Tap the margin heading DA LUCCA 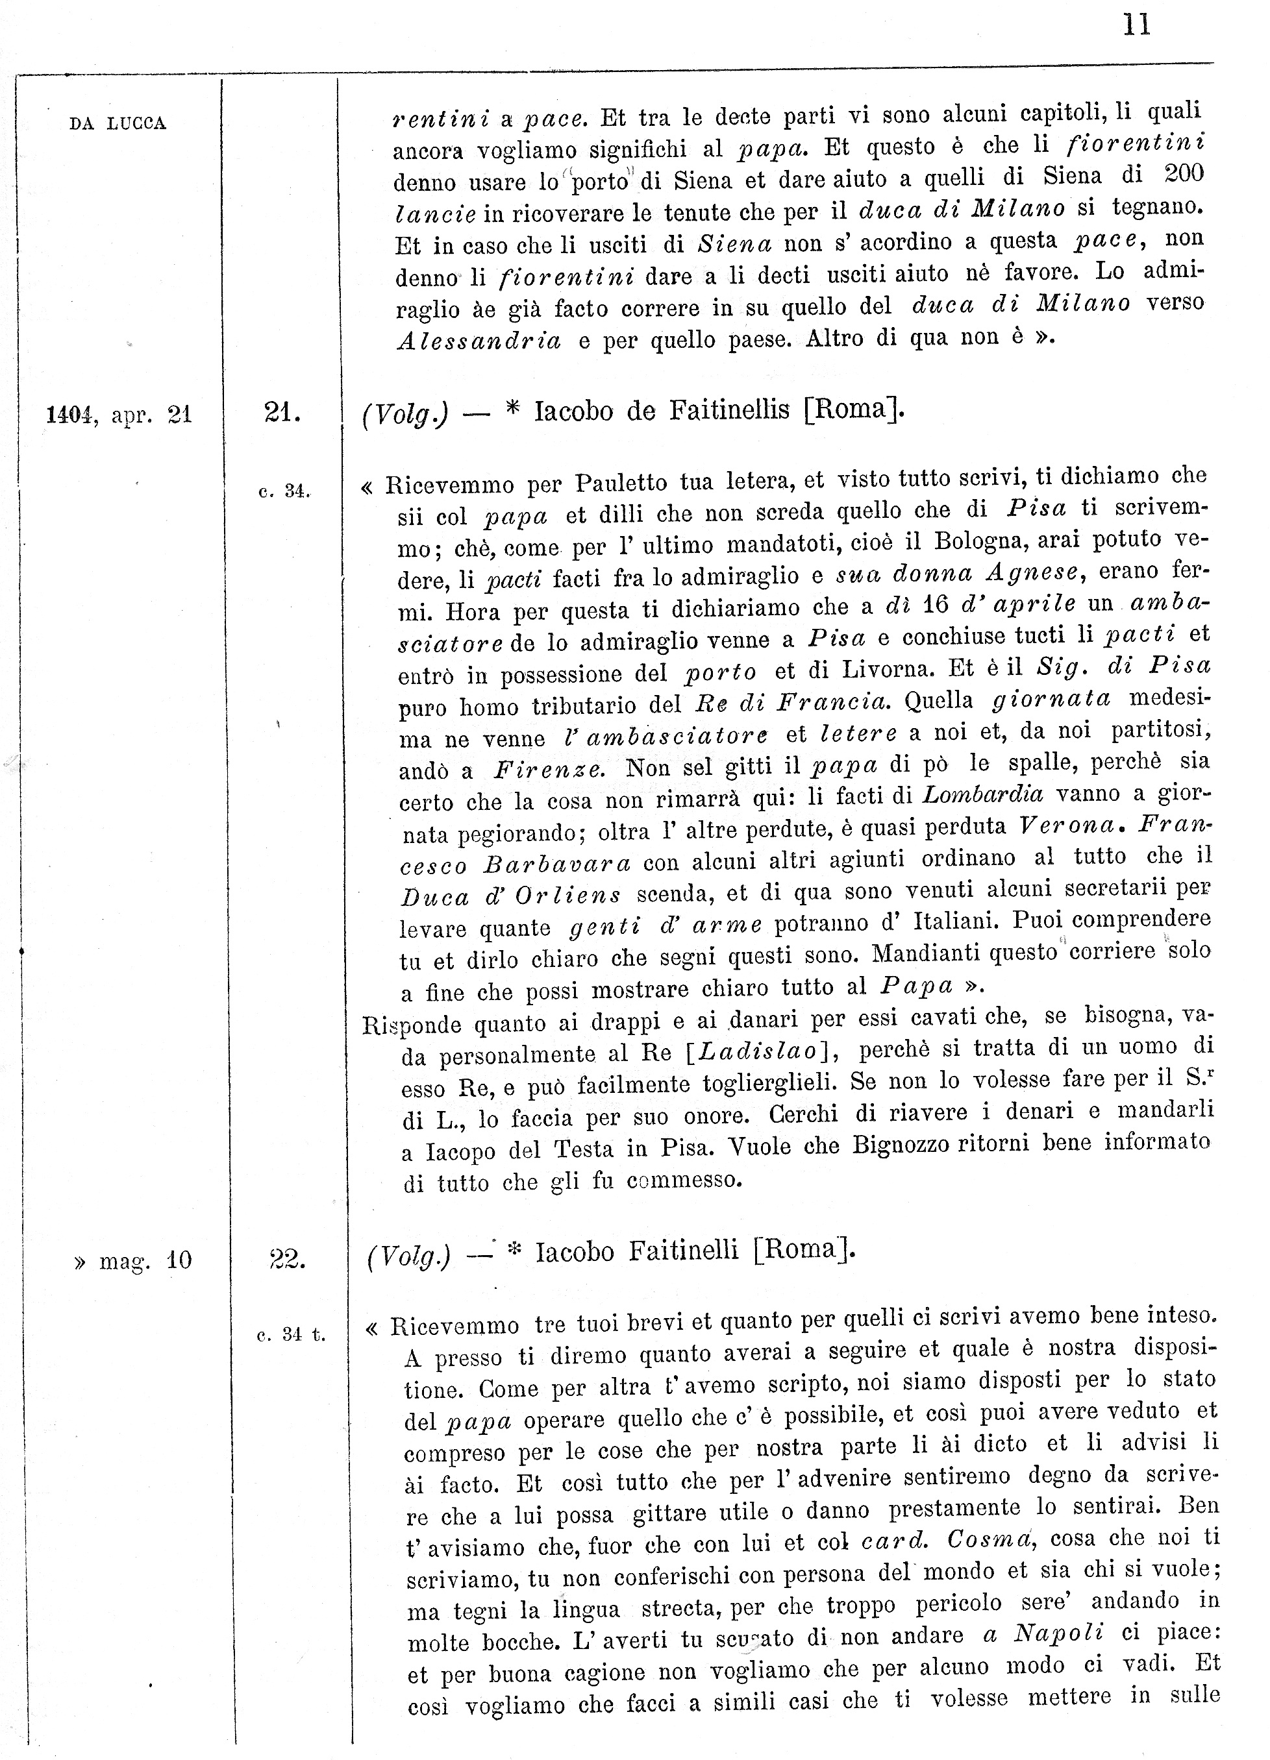pyautogui.click(x=118, y=123)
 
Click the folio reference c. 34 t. pyautogui.click(x=291, y=1335)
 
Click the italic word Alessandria pyautogui.click(x=479, y=341)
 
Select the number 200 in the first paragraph pyautogui.click(x=1184, y=174)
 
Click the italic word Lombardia pyautogui.click(x=982, y=794)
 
